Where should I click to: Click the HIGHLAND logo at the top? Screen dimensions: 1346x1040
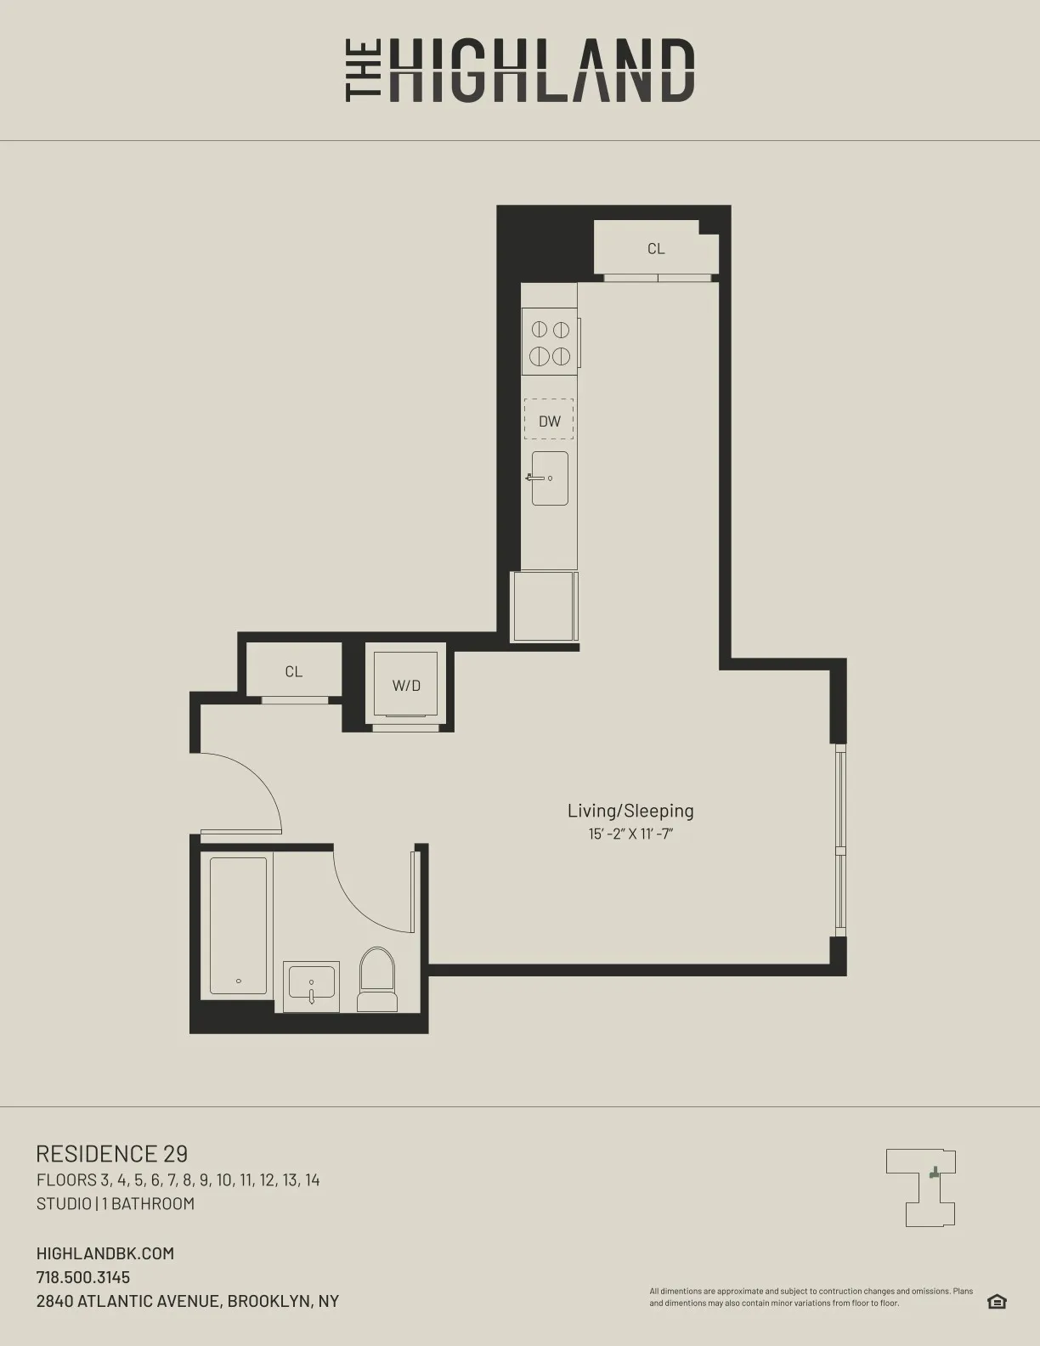tap(520, 71)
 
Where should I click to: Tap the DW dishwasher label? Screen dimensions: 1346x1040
tap(550, 421)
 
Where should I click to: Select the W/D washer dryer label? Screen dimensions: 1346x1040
tap(406, 686)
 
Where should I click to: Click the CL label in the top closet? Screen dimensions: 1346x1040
tap(656, 249)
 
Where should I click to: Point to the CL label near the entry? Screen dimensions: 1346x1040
tap(294, 671)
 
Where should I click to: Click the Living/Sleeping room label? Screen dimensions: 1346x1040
tap(630, 811)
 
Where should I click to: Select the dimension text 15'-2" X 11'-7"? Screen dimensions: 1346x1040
tap(630, 834)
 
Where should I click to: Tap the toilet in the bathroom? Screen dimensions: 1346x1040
tap(377, 981)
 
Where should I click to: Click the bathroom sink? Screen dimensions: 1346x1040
tap(311, 986)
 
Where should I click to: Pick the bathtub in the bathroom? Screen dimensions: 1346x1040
tap(238, 926)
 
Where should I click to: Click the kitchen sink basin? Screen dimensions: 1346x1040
tap(550, 478)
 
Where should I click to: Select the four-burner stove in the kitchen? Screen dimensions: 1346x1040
tap(550, 342)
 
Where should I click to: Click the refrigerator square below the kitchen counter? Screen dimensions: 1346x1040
tap(544, 606)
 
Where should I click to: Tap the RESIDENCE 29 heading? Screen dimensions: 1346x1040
tap(112, 1153)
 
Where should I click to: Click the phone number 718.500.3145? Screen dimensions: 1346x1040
tap(83, 1277)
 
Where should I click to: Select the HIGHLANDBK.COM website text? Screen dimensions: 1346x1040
tap(105, 1253)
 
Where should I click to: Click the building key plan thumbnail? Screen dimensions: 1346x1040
tap(921, 1187)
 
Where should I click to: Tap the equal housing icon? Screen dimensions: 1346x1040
tap(997, 1302)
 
